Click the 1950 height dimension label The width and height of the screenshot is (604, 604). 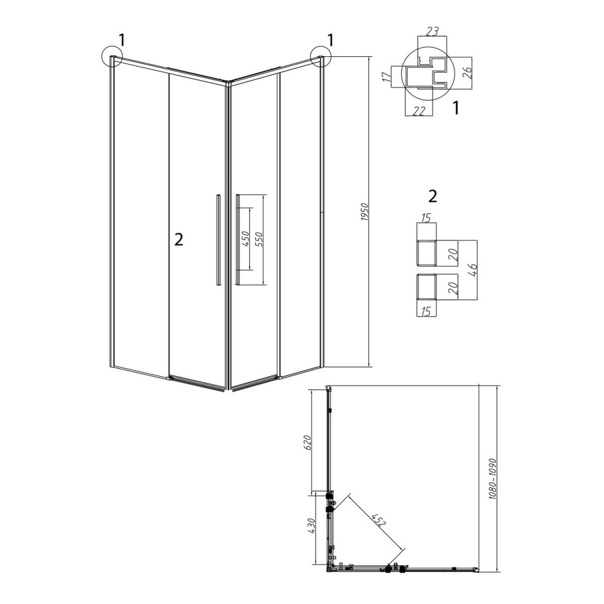click(x=365, y=212)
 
